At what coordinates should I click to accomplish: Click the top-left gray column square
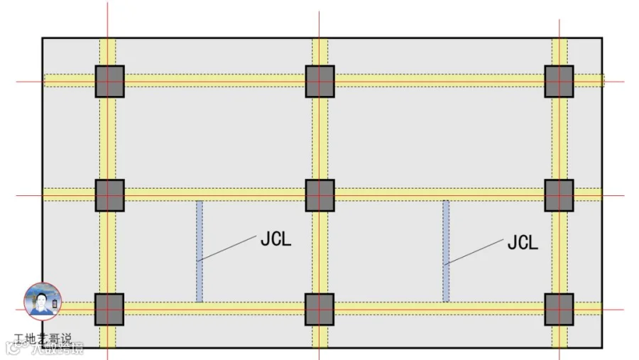point(109,81)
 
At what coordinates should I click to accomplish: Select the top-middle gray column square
point(319,81)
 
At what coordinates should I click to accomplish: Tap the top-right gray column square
point(559,81)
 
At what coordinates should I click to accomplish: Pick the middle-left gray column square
point(109,195)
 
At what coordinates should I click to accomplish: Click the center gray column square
point(319,195)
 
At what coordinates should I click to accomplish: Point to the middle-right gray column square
point(559,195)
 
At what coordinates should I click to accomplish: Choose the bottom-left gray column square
point(109,309)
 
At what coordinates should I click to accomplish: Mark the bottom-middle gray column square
point(319,309)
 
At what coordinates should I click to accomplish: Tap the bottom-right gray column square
point(559,309)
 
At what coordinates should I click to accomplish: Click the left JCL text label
point(275,239)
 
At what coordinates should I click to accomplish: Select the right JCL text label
point(523,243)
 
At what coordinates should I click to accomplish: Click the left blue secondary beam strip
point(200,251)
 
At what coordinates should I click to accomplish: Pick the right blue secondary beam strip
point(446,251)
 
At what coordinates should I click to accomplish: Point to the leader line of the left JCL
point(227,248)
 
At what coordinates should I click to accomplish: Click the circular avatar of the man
point(43,301)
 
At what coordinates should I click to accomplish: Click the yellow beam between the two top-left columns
point(214,81)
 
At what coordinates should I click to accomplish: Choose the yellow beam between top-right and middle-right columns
point(559,138)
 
